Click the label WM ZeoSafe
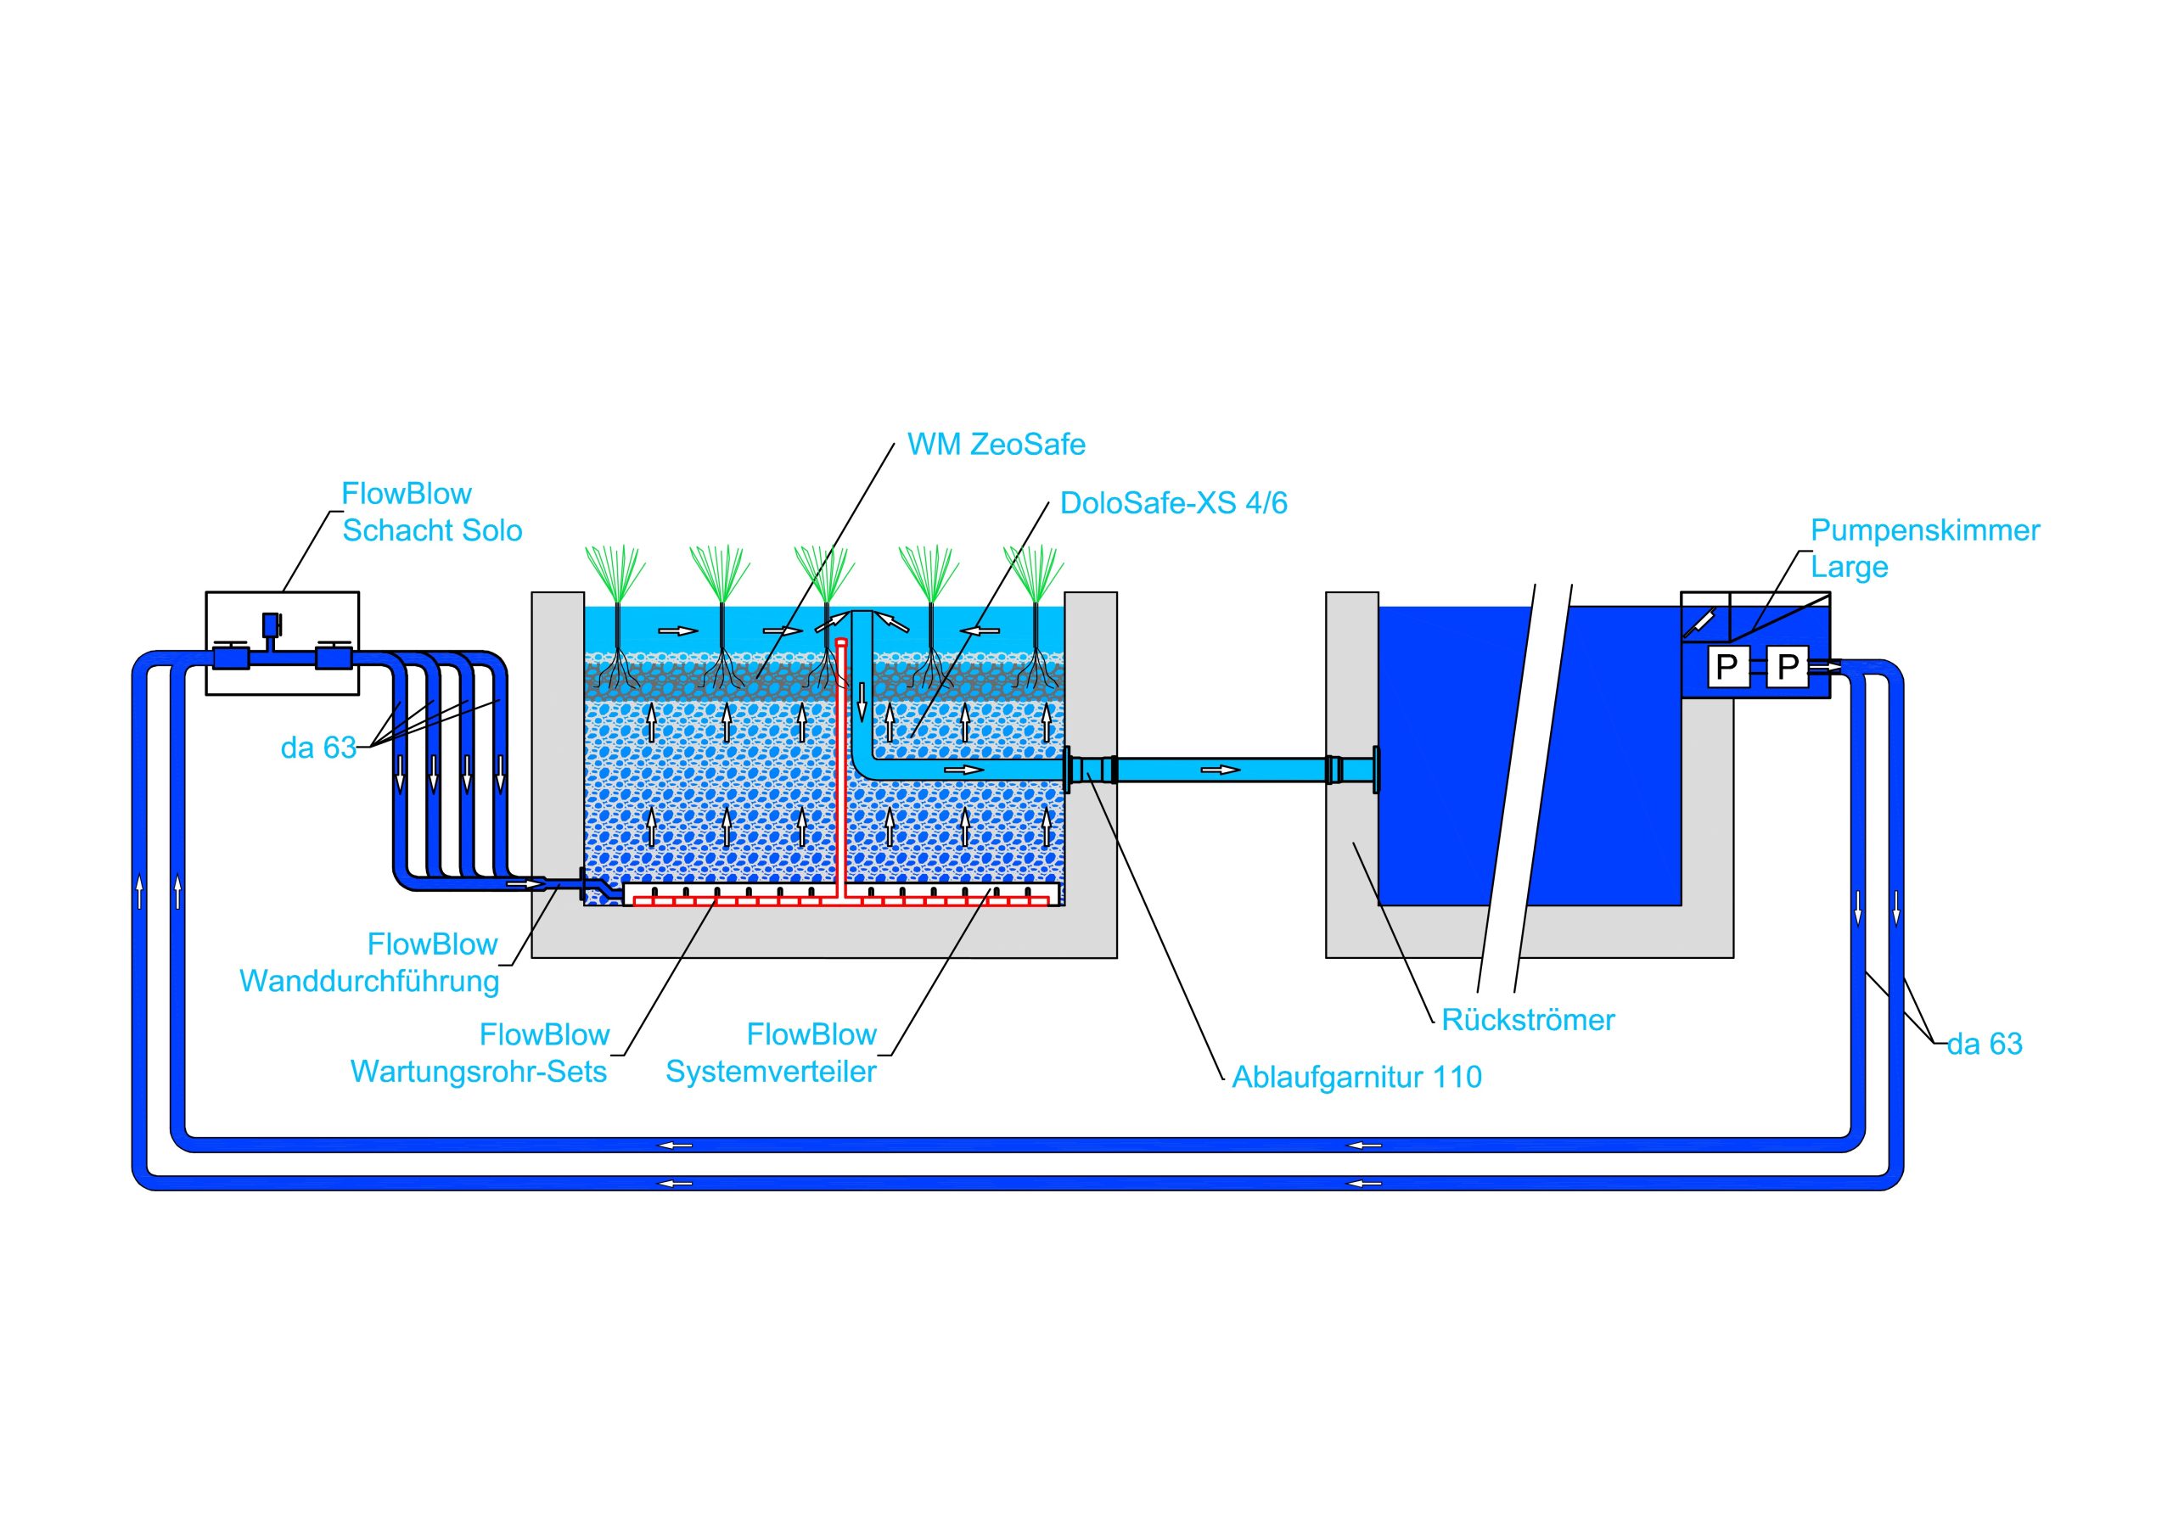996,445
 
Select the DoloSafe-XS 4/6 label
1174,502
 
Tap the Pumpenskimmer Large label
1924,548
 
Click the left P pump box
1727,667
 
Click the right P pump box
1787,667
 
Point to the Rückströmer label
1528,1020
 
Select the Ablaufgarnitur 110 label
1356,1077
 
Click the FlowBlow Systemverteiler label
772,1053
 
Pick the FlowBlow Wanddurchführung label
369,962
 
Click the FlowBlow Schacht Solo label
431,512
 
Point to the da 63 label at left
318,748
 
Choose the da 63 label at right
1984,1044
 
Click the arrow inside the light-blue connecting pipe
1227,770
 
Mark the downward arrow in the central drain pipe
862,701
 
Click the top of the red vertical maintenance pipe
840,642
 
